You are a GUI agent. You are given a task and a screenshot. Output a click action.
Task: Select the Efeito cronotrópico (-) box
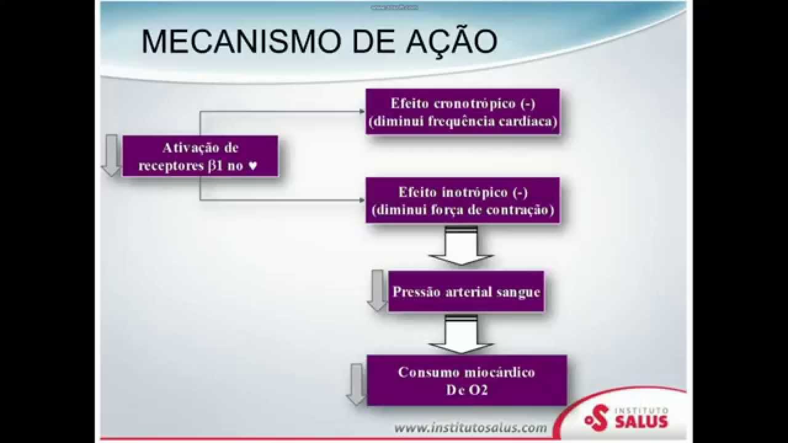click(x=462, y=111)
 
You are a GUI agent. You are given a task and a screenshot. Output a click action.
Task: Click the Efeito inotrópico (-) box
click(x=462, y=201)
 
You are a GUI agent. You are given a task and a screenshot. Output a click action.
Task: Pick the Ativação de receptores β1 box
click(x=200, y=156)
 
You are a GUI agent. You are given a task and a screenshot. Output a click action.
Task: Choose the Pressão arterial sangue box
click(x=466, y=291)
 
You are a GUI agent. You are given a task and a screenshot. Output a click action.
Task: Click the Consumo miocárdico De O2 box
click(x=467, y=380)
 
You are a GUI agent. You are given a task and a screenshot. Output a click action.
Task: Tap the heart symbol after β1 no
click(x=253, y=166)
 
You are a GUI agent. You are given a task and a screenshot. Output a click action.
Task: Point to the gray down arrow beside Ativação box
click(x=111, y=155)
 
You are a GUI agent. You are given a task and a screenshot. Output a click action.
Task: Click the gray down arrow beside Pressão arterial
click(x=377, y=290)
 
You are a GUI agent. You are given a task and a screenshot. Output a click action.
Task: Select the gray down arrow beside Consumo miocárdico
click(x=356, y=385)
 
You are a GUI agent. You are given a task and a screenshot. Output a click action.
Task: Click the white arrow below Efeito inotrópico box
click(x=461, y=245)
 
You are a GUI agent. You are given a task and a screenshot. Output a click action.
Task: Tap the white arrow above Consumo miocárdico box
click(x=461, y=334)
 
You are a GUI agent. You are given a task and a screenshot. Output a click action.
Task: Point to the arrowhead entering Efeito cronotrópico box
click(x=362, y=111)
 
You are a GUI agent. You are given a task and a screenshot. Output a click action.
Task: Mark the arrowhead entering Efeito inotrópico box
click(x=362, y=200)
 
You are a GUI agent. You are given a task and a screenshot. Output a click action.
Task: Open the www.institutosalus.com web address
click(x=471, y=428)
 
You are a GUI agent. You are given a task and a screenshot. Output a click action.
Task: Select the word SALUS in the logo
click(x=641, y=421)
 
